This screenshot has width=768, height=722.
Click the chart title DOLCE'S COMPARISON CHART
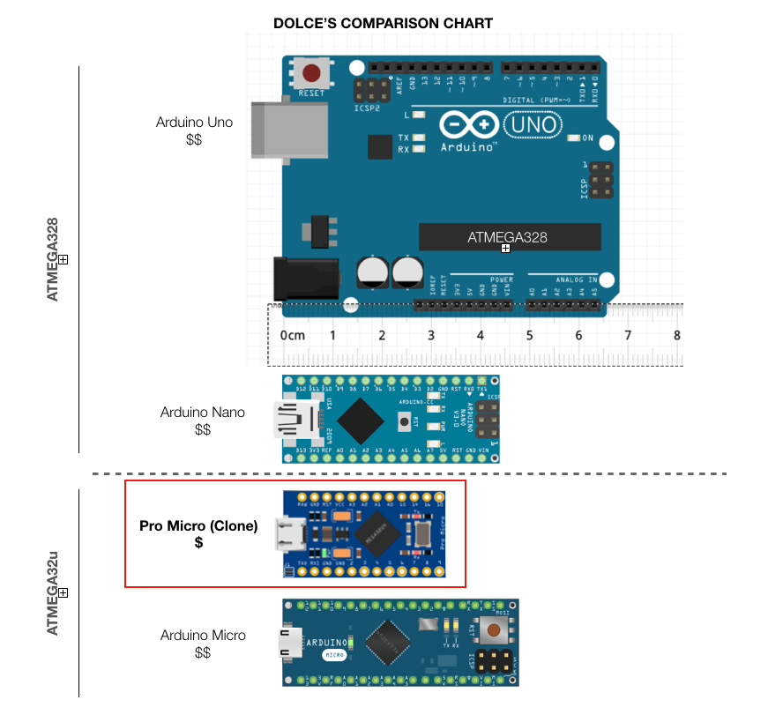tap(383, 23)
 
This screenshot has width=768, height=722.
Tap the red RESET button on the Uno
tap(311, 74)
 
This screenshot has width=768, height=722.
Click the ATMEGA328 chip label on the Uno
tap(507, 237)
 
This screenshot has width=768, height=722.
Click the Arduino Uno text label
tap(194, 122)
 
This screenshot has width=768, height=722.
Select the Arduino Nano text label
tap(203, 412)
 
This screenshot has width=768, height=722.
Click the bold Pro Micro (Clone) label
tap(198, 526)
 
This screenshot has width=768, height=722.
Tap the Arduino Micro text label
tap(203, 635)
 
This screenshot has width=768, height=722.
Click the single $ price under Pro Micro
tap(198, 543)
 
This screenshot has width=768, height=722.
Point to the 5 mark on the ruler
tap(529, 336)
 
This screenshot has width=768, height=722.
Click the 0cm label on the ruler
tap(292, 336)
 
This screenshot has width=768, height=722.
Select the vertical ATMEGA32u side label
tap(53, 592)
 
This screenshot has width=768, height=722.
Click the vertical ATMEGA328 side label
tap(53, 259)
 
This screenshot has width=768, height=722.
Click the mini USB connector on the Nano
tap(289, 420)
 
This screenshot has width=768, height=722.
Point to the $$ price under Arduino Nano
tap(203, 429)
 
